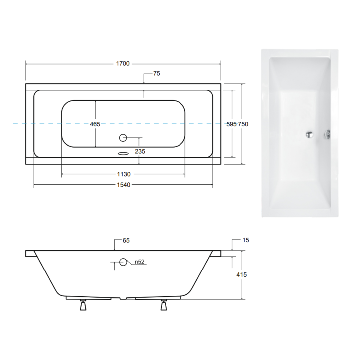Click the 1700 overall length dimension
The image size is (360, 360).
coord(123,63)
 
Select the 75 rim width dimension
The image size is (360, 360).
coord(156,74)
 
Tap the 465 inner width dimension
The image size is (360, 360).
coord(95,124)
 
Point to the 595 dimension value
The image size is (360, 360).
coord(231,124)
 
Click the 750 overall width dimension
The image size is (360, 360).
coord(243,124)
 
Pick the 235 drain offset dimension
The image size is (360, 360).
coord(140,152)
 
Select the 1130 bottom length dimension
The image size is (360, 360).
coord(123,174)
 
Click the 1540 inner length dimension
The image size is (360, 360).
coord(123,185)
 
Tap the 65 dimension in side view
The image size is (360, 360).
coord(126,241)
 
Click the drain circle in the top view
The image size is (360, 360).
coord(123,138)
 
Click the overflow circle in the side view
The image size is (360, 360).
coord(123,262)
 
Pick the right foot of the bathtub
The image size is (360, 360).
coord(163,306)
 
